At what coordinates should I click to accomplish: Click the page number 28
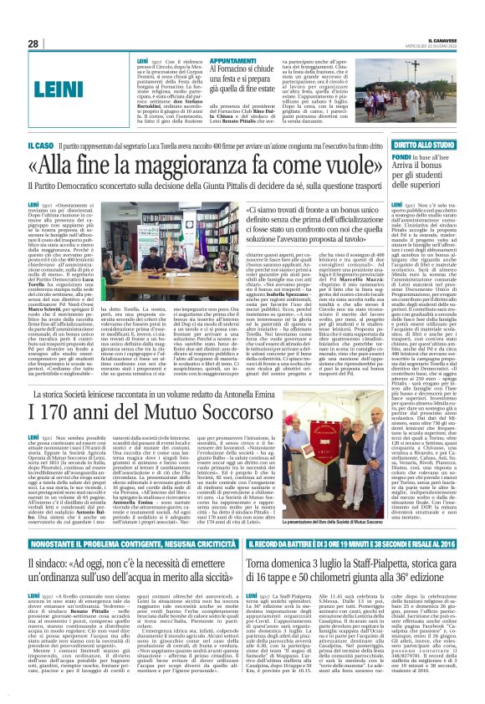(34, 43)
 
